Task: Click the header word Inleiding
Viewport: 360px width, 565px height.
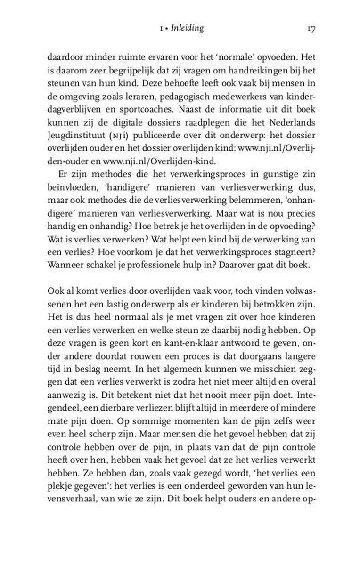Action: click(188, 29)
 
